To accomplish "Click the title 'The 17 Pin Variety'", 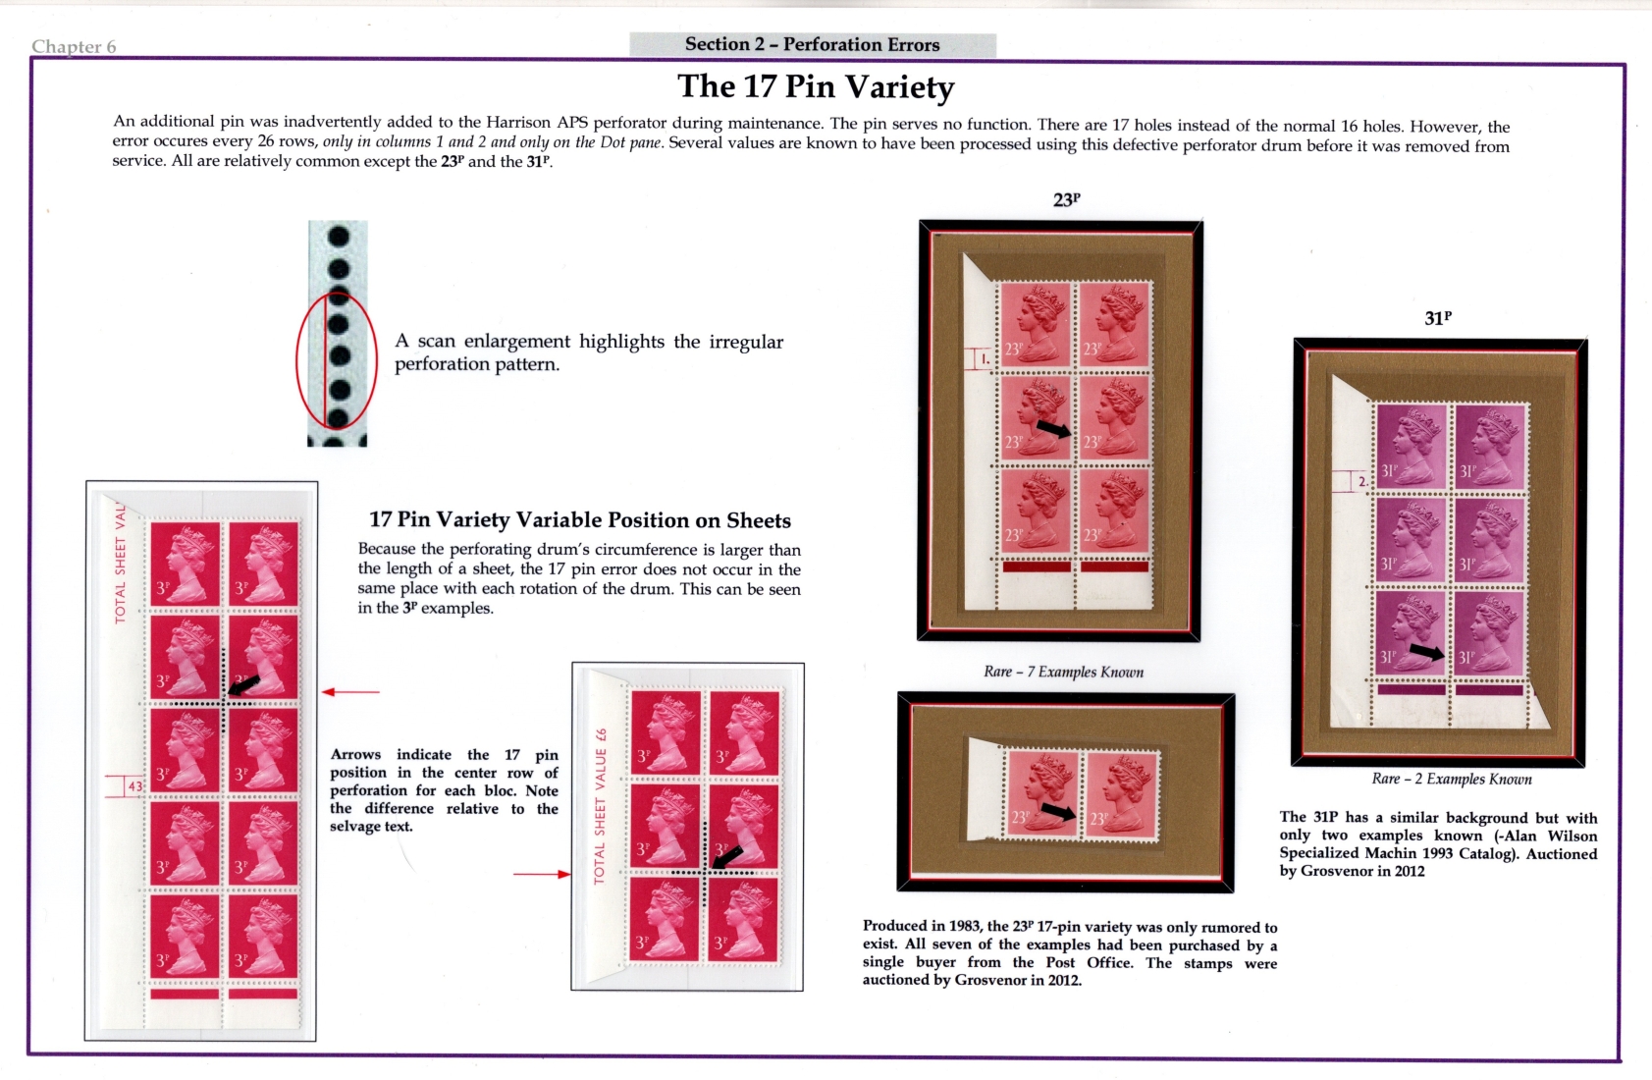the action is click(x=816, y=86).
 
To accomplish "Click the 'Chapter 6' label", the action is click(x=74, y=46).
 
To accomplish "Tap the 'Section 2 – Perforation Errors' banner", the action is click(x=812, y=44).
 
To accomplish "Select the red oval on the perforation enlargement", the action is click(x=297, y=361).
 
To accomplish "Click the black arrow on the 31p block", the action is click(x=1426, y=651).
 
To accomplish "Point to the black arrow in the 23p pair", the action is click(x=1057, y=811).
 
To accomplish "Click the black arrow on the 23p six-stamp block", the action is click(x=1054, y=429).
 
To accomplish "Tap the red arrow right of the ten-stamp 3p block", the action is click(x=350, y=692).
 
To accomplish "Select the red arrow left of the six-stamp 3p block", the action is click(x=542, y=874).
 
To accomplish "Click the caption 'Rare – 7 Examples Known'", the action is click(x=1063, y=672).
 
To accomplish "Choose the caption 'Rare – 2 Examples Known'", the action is click(x=1452, y=779).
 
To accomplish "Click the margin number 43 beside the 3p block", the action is click(x=134, y=786).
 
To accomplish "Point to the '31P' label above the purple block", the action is click(x=1437, y=319).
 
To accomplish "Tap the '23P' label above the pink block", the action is click(x=1066, y=200).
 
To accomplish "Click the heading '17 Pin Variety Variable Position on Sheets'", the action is click(x=580, y=520).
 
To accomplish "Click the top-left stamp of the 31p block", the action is click(x=1412, y=447).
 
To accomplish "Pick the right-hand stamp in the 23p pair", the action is click(x=1121, y=795).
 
